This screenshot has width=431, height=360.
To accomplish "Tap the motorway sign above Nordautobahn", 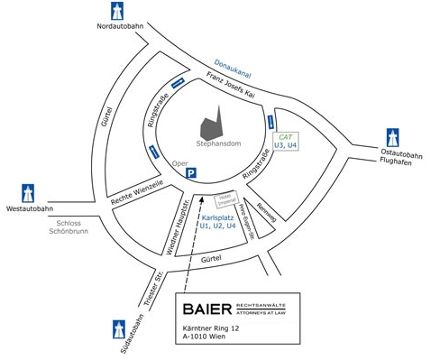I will (116, 10).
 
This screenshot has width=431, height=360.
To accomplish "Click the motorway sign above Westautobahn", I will (26, 191).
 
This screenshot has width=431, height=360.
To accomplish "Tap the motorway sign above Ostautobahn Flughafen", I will (393, 136).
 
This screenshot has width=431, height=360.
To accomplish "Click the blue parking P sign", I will (190, 172).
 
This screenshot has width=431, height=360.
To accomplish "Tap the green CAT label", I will (286, 135).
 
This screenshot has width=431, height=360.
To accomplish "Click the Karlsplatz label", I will (218, 219).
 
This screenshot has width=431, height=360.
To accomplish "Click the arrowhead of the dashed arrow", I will (203, 198).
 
